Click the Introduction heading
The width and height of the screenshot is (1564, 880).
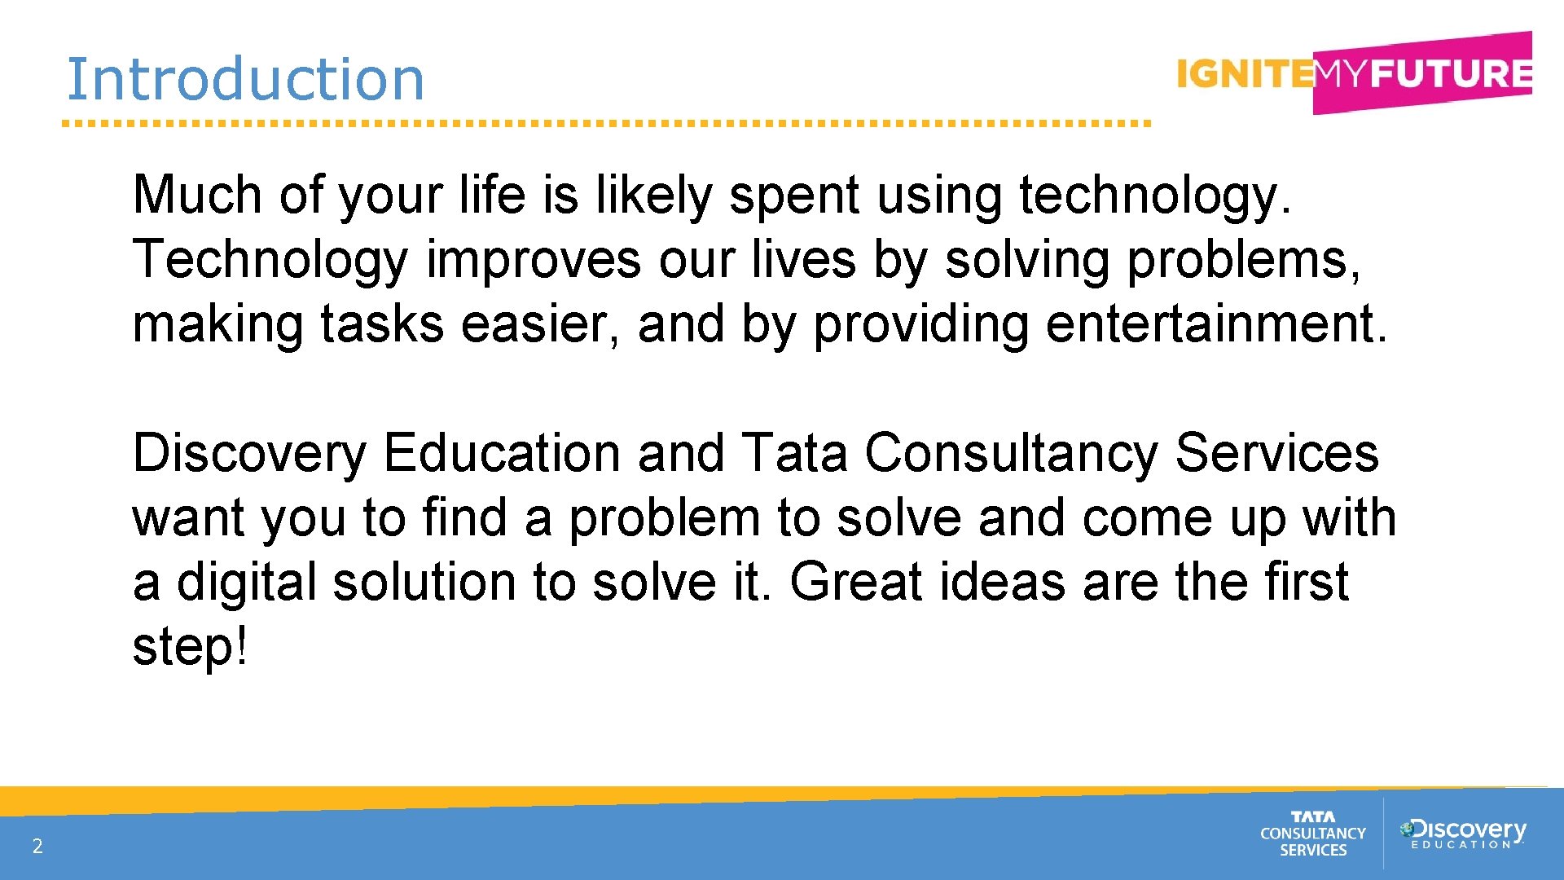tap(244, 79)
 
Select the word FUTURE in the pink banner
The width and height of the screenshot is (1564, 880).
tap(1450, 73)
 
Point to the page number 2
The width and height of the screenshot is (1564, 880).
tap(37, 846)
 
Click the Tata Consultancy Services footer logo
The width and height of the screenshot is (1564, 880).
tap(1312, 834)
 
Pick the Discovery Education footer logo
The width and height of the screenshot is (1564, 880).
tap(1463, 833)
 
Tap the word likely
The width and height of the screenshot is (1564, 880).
tap(654, 196)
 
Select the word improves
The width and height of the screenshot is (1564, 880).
tap(534, 261)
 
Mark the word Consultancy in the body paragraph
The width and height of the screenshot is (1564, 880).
tap(1011, 454)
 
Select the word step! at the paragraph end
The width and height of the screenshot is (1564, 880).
tap(189, 648)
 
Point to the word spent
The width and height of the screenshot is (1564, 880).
tap(794, 196)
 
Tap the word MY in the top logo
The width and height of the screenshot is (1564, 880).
tap(1341, 74)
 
